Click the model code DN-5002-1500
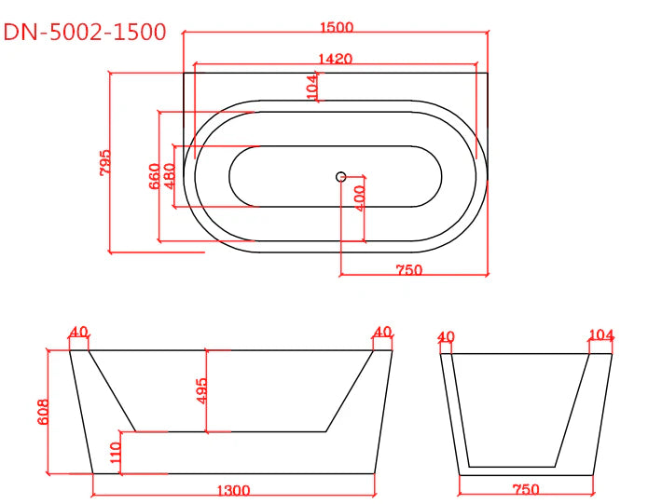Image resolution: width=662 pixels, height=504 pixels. click(85, 32)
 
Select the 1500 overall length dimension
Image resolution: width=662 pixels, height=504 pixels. click(337, 27)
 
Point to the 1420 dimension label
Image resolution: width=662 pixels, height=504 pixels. click(335, 59)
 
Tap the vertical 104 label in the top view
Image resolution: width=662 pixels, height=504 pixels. click(312, 87)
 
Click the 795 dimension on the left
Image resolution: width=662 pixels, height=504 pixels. click(105, 162)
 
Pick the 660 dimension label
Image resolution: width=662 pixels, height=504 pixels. click(155, 176)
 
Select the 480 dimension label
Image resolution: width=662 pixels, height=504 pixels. click(169, 176)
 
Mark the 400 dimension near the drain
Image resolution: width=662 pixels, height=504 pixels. click(359, 198)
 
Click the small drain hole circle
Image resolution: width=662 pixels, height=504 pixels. click(341, 177)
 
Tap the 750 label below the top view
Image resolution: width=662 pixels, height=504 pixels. click(409, 270)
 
